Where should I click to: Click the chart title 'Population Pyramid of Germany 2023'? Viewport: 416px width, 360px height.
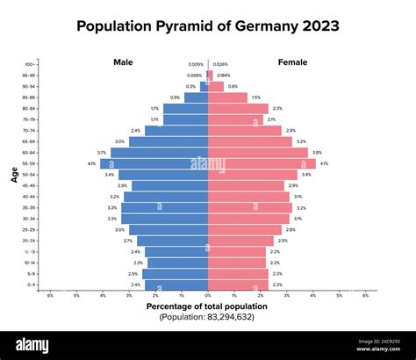pyautogui.click(x=207, y=25)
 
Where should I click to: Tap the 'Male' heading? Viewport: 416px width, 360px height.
pyautogui.click(x=123, y=62)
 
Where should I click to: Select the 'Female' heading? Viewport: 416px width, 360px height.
pyautogui.click(x=292, y=62)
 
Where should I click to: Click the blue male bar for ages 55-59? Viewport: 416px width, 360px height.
pyautogui.click(x=154, y=163)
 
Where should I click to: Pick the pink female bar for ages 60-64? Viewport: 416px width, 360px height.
pyautogui.click(x=258, y=152)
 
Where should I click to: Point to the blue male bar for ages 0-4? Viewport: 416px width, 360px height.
pyautogui.click(x=176, y=284)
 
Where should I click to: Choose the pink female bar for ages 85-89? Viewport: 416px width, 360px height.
pyautogui.click(x=227, y=97)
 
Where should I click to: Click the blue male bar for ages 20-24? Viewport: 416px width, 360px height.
pyautogui.click(x=172, y=241)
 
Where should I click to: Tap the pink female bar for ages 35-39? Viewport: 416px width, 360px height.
pyautogui.click(x=249, y=207)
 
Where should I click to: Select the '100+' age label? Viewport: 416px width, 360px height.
pyautogui.click(x=31, y=64)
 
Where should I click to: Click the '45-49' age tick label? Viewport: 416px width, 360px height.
pyautogui.click(x=30, y=185)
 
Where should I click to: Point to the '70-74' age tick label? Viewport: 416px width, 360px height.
pyautogui.click(x=30, y=130)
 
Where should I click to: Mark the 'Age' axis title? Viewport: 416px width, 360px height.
pyautogui.click(x=15, y=175)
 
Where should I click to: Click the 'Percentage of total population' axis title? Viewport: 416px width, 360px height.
pyautogui.click(x=207, y=306)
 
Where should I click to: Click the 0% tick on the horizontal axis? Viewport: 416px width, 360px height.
pyautogui.click(x=208, y=296)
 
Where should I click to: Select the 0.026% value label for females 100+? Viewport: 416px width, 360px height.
pyautogui.click(x=220, y=64)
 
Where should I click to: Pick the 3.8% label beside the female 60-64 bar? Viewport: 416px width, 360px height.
pyautogui.click(x=317, y=152)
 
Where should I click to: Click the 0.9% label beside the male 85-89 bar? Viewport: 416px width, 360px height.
pyautogui.click(x=176, y=97)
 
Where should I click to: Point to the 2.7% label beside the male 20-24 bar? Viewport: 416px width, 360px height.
pyautogui.click(x=128, y=241)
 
